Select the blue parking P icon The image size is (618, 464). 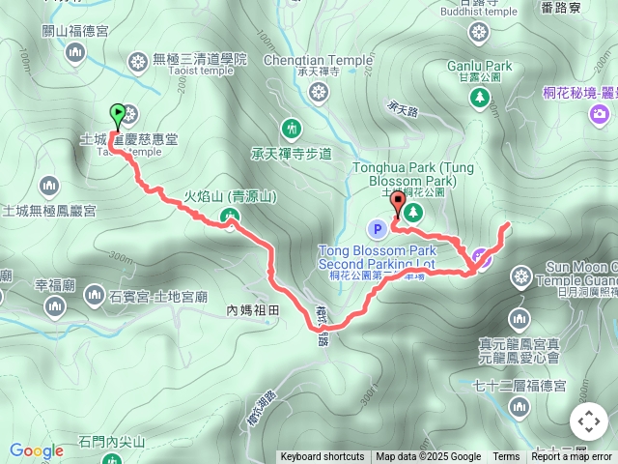pyautogui.click(x=378, y=229)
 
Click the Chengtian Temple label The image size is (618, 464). pyautogui.click(x=318, y=60)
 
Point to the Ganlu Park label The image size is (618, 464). pyautogui.click(x=480, y=66)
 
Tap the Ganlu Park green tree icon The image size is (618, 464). pyautogui.click(x=480, y=97)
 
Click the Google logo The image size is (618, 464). pyautogui.click(x=37, y=450)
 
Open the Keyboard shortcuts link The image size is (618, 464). pyautogui.click(x=323, y=457)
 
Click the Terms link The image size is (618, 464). pyautogui.click(x=506, y=457)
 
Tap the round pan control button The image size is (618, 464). pyautogui.click(x=588, y=421)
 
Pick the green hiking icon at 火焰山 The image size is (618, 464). pyautogui.click(x=230, y=217)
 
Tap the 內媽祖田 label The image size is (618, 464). pyautogui.click(x=252, y=310)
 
